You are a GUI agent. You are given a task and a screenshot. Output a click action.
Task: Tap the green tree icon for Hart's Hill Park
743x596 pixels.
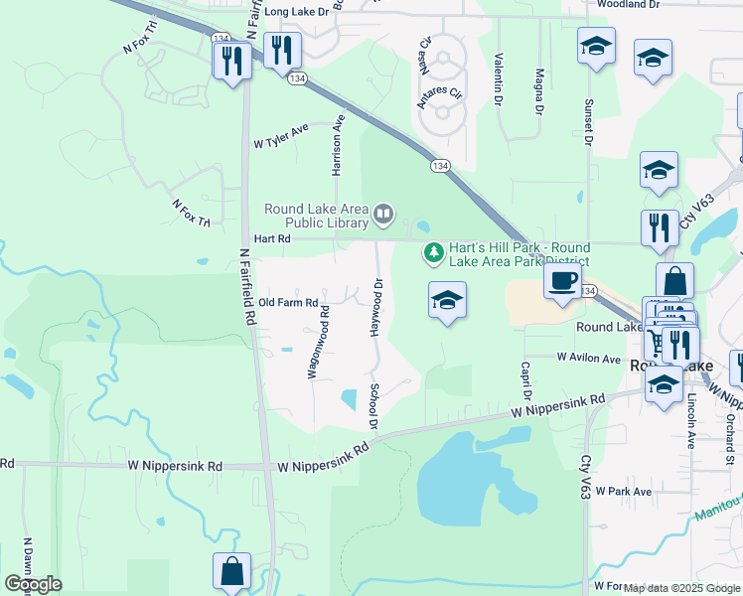433,254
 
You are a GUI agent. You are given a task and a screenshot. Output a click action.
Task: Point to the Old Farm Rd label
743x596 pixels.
288,302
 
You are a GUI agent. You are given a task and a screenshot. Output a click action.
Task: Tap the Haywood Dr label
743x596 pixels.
377,307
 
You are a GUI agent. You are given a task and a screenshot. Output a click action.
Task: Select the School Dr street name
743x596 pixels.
374,406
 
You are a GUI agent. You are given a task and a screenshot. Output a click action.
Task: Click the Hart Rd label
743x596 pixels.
271,239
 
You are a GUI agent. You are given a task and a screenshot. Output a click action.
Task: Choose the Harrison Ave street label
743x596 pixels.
338,144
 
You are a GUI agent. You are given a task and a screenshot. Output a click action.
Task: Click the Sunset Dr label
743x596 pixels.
588,123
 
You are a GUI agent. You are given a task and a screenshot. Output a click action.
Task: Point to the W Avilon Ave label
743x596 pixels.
589,357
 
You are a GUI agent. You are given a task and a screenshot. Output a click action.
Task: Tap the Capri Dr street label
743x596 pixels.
526,376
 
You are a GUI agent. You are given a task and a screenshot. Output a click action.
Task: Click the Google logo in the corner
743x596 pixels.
33,584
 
